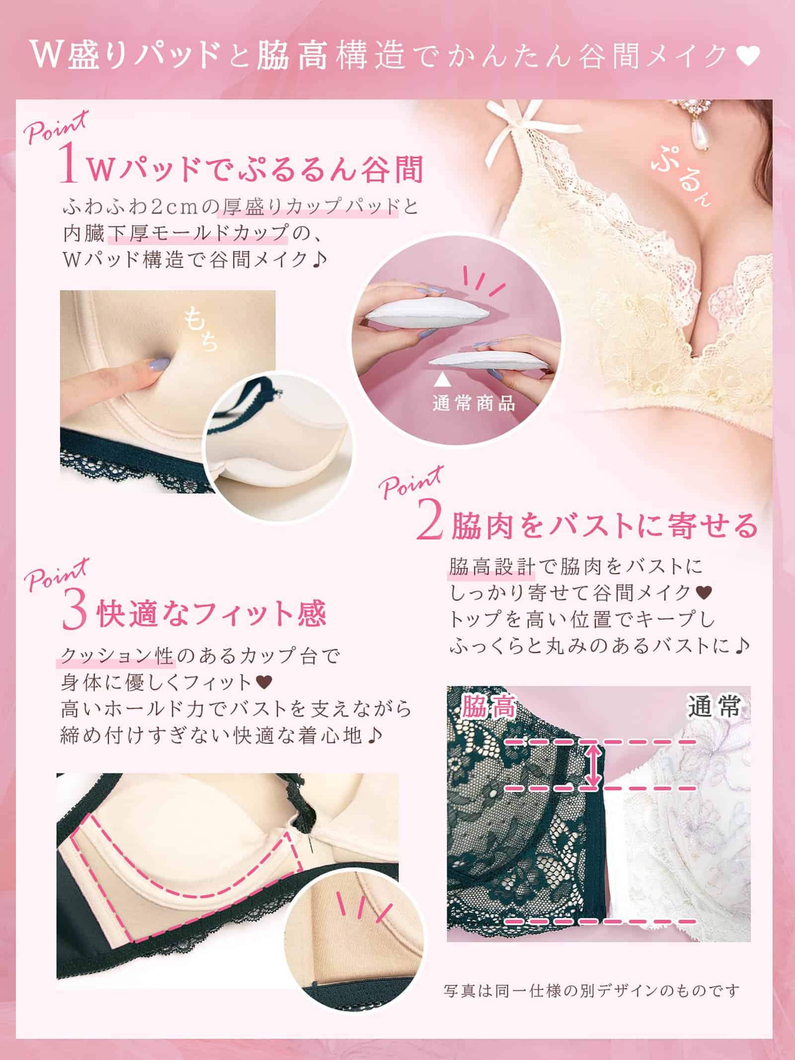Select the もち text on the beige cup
[201, 328]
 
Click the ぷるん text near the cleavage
[682, 182]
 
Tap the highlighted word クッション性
[116, 656]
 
